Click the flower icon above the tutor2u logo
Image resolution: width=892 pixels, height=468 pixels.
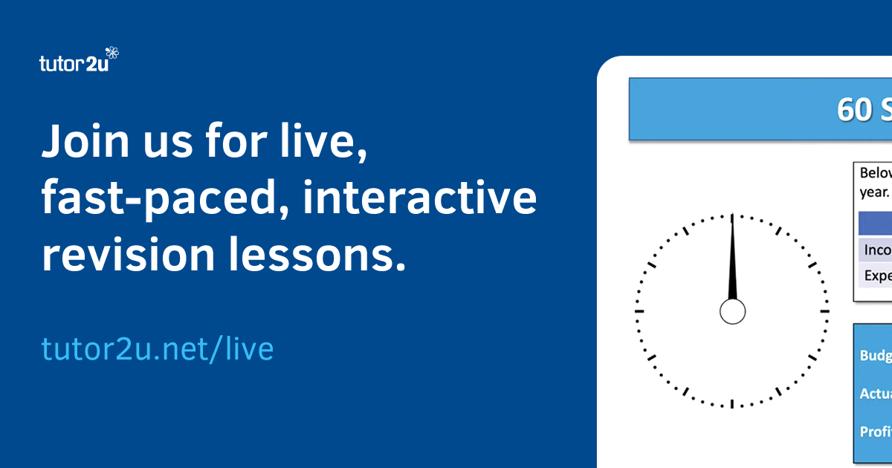coord(112,53)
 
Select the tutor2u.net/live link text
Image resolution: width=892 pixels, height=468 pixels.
coord(158,348)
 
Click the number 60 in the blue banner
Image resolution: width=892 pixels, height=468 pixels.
coord(853,110)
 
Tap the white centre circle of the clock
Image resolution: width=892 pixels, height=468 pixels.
coord(732,311)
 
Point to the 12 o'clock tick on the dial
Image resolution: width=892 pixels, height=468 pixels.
coord(732,219)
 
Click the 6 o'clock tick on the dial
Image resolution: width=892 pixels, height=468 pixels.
coord(732,403)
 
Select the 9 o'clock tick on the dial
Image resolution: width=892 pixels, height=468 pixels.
coord(639,311)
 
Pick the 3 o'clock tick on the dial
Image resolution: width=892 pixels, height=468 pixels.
coord(824,311)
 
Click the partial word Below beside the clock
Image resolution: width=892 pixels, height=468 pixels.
coord(876,173)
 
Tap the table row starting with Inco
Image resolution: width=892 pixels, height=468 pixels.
coord(876,250)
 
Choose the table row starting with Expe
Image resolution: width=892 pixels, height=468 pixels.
coord(876,276)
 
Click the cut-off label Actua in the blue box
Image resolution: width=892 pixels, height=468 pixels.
coord(876,394)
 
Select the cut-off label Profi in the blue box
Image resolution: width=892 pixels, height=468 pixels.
coord(876,432)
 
